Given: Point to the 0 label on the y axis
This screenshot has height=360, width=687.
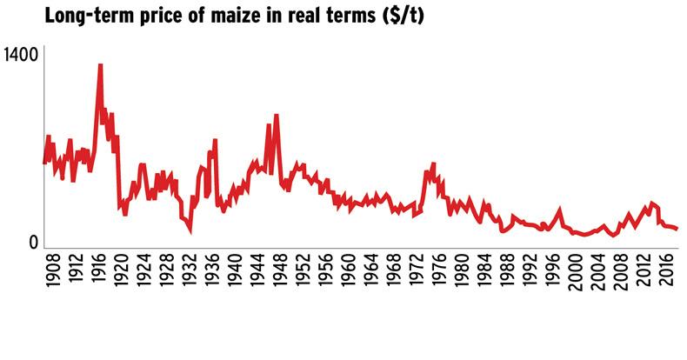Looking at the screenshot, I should point(34,242).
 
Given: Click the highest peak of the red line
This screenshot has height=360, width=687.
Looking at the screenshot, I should point(101,65).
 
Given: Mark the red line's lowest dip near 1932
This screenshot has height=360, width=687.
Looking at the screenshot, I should point(189,231).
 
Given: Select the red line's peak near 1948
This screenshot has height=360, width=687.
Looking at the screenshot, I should point(276,116).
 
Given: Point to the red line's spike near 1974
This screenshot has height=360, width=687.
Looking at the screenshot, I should point(433,163).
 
